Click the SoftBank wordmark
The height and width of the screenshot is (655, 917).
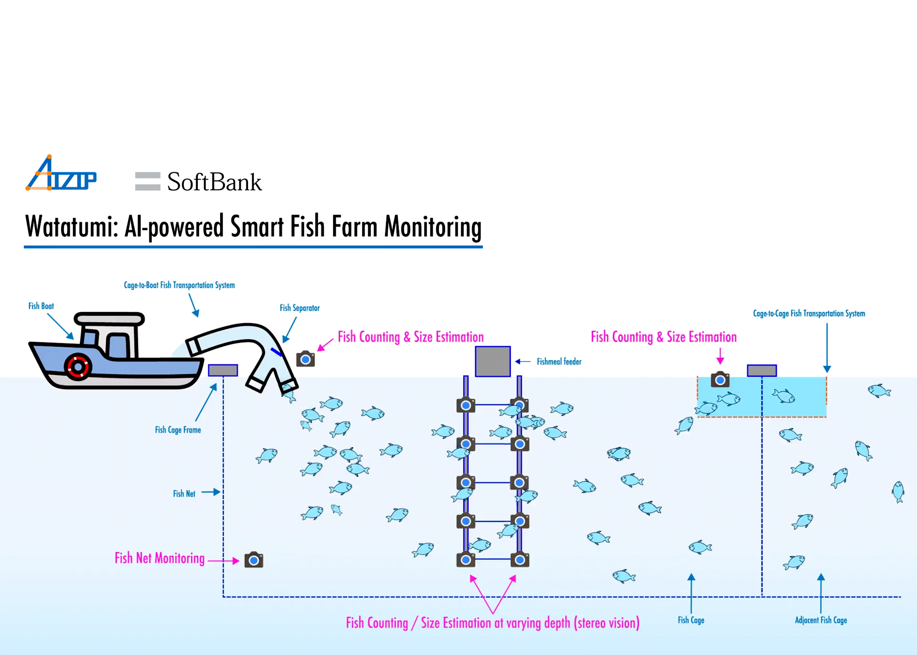pyautogui.click(x=214, y=182)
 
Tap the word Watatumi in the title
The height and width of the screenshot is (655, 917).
pyautogui.click(x=71, y=227)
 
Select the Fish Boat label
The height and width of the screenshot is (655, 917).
pyautogui.click(x=41, y=306)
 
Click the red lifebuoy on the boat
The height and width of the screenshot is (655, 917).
pyautogui.click(x=78, y=366)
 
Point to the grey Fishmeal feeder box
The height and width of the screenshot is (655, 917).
pyautogui.click(x=493, y=361)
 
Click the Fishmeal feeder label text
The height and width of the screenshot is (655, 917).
pyautogui.click(x=559, y=362)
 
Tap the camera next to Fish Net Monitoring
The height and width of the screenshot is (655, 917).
pyautogui.click(x=254, y=560)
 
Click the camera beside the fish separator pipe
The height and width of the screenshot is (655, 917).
pyautogui.click(x=306, y=359)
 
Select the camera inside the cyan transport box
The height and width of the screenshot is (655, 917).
pyautogui.click(x=720, y=379)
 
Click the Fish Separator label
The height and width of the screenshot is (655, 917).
pyautogui.click(x=300, y=308)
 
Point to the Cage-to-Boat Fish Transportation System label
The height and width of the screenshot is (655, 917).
pyautogui.click(x=179, y=285)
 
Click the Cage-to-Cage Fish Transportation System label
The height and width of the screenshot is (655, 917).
pyautogui.click(x=809, y=314)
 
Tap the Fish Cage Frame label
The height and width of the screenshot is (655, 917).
pyautogui.click(x=178, y=430)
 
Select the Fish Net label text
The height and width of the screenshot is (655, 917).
pyautogui.click(x=184, y=493)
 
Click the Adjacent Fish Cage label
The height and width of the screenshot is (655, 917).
pyautogui.click(x=820, y=620)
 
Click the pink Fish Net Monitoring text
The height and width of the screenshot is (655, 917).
pyautogui.click(x=159, y=558)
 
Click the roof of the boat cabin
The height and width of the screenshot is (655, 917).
pyautogui.click(x=109, y=318)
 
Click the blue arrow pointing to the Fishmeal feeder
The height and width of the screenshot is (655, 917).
pyautogui.click(x=523, y=362)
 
